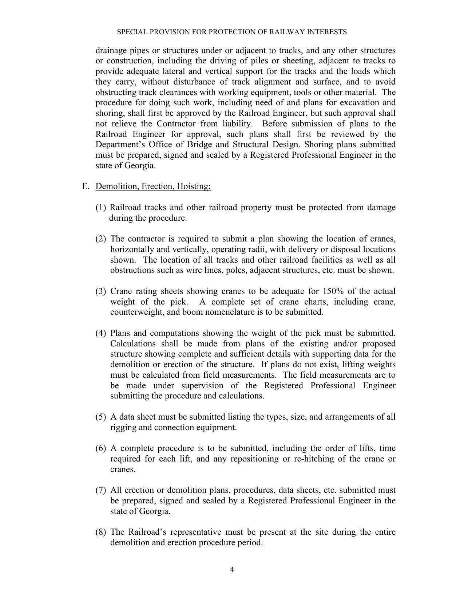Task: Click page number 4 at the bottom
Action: pyautogui.click(x=232, y=570)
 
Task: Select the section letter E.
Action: pyautogui.click(x=85, y=186)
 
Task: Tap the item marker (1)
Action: pyautogui.click(x=101, y=208)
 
